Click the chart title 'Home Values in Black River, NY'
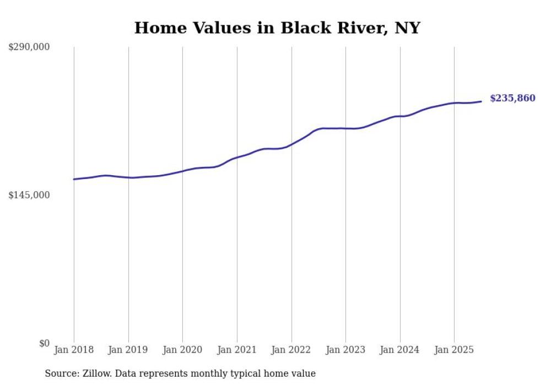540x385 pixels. click(x=277, y=28)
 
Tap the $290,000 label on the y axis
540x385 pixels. click(x=29, y=47)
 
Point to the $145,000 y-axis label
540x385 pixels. click(x=29, y=195)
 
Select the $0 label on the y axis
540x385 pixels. click(x=44, y=343)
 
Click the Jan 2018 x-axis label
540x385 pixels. click(x=74, y=350)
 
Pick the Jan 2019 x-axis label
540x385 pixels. click(x=128, y=350)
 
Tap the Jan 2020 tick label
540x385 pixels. click(x=182, y=350)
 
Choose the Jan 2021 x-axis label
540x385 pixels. click(x=237, y=350)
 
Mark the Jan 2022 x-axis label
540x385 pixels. click(x=291, y=350)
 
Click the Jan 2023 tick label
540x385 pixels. click(x=345, y=350)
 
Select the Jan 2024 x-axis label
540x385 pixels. click(x=400, y=350)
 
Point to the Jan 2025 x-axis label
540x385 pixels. click(x=454, y=350)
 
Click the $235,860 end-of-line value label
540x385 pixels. click(x=512, y=99)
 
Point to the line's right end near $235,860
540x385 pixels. click(x=481, y=101)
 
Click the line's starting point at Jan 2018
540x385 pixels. click(x=74, y=179)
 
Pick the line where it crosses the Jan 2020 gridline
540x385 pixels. click(x=182, y=171)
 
